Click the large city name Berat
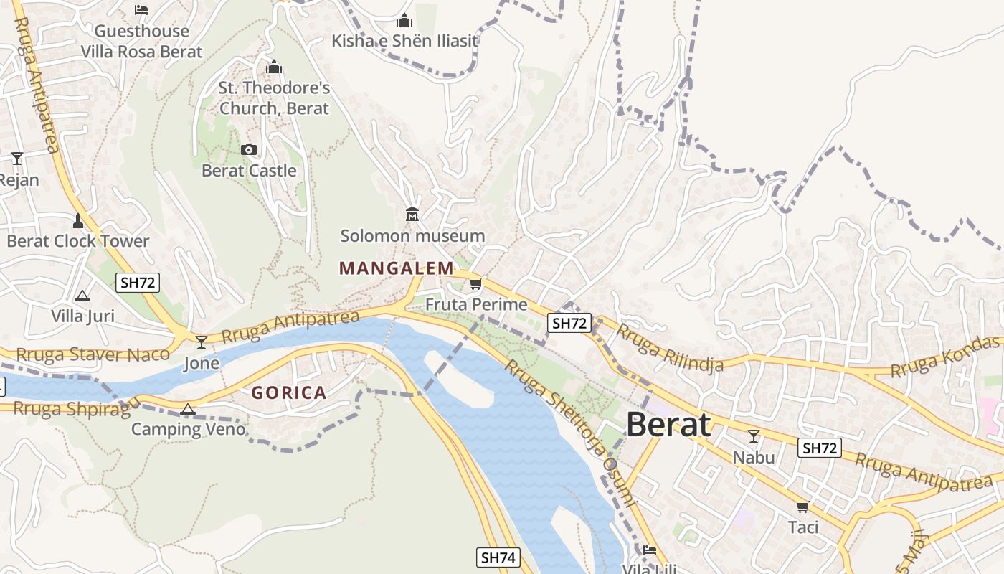(668, 425)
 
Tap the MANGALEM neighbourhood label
(396, 268)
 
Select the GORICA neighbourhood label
(289, 392)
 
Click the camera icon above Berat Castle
(249, 149)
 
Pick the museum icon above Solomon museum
(412, 214)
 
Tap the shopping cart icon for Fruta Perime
(475, 284)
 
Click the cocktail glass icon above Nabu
(754, 436)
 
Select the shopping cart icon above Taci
(803, 507)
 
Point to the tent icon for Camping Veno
(188, 410)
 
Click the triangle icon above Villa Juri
(82, 296)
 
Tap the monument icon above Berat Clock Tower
(78, 220)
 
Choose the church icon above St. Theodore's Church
(274, 67)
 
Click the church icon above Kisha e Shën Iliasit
(404, 20)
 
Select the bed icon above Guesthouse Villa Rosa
(141, 10)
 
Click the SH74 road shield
(498, 557)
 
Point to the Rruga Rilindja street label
(670, 348)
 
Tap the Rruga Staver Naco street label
(93, 354)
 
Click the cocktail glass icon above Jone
(202, 342)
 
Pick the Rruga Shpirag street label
(72, 409)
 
